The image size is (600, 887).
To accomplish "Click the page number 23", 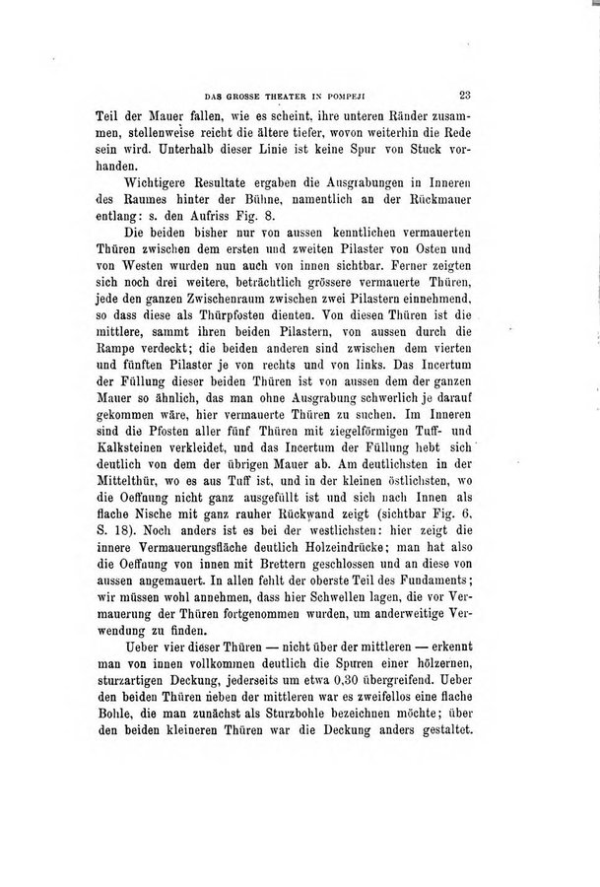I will (468, 96).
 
